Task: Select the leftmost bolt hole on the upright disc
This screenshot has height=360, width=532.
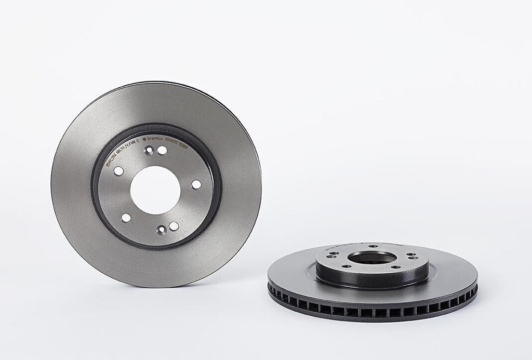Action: [x=117, y=172]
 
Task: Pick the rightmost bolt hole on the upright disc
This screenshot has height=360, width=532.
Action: [x=195, y=184]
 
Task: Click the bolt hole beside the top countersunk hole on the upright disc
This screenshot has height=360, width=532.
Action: [x=162, y=150]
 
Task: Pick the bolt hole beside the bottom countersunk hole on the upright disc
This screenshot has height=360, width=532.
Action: [x=174, y=225]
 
